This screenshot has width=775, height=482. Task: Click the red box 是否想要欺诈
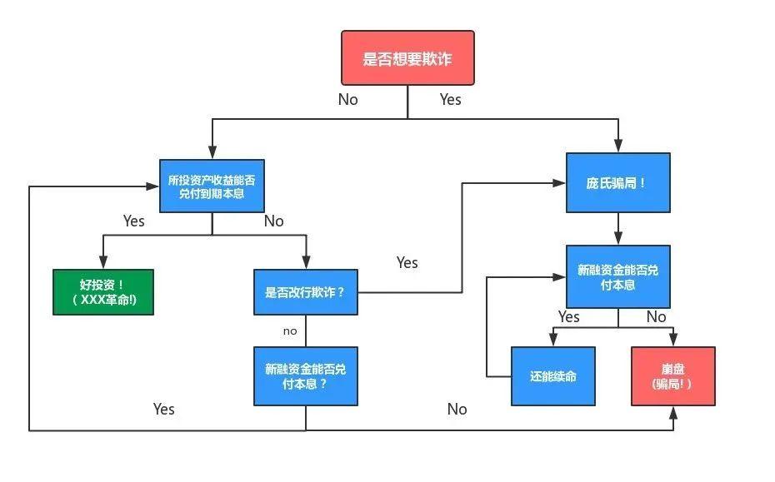pyautogui.click(x=407, y=58)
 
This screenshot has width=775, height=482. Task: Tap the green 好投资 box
pyautogui.click(x=103, y=291)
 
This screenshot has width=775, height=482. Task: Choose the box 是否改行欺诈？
pyautogui.click(x=305, y=292)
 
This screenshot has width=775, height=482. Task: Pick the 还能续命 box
pyautogui.click(x=552, y=376)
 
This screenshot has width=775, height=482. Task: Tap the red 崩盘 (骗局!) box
pyautogui.click(x=672, y=376)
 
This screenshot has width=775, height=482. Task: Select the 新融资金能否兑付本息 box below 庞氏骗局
pyautogui.click(x=617, y=276)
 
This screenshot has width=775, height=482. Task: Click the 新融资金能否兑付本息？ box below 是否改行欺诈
pyautogui.click(x=305, y=376)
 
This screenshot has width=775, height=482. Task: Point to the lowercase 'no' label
pyautogui.click(x=290, y=330)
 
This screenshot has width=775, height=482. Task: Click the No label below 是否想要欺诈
pyautogui.click(x=347, y=99)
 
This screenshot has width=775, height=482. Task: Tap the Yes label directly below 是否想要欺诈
pyautogui.click(x=450, y=99)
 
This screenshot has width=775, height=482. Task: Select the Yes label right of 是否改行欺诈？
pyautogui.click(x=407, y=262)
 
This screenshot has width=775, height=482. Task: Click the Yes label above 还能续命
pyautogui.click(x=569, y=316)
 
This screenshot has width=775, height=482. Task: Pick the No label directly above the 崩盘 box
pyautogui.click(x=656, y=316)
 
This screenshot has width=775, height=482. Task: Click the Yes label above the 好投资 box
pyautogui.click(x=134, y=221)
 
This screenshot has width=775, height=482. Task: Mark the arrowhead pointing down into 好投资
pyautogui.click(x=103, y=263)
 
